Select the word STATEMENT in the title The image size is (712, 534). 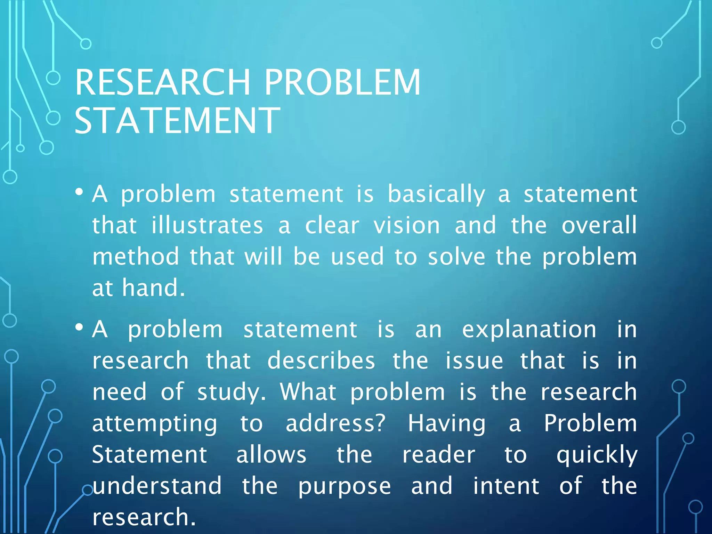[177, 121]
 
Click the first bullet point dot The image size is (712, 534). [79, 192]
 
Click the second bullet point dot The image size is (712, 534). [79, 327]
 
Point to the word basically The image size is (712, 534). [436, 195]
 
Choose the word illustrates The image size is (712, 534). [207, 226]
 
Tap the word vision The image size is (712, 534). [407, 226]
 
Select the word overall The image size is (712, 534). [599, 225]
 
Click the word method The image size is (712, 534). [136, 257]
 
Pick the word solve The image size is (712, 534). [456, 257]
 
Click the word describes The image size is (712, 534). [321, 361]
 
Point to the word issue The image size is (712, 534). [474, 361]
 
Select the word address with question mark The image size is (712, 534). [335, 423]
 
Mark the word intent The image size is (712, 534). [506, 486]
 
